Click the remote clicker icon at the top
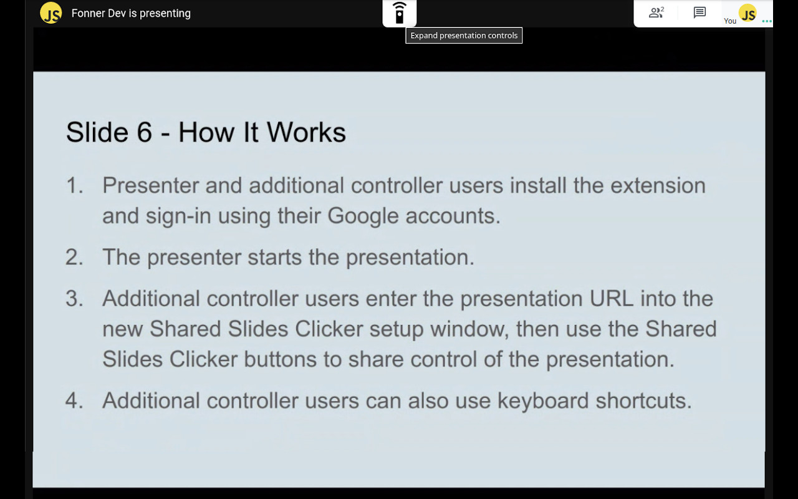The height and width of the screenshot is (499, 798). pyautogui.click(x=400, y=13)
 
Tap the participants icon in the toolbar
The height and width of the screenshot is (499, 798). pyautogui.click(x=656, y=12)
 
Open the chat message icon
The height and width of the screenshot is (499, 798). pyautogui.click(x=699, y=12)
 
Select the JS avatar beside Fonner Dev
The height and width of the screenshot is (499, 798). pyautogui.click(x=51, y=13)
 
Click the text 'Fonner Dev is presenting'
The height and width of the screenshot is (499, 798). pyautogui.click(x=131, y=13)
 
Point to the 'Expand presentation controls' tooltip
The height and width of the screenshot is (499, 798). pyautogui.click(x=464, y=36)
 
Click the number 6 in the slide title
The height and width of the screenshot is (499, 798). pyautogui.click(x=144, y=132)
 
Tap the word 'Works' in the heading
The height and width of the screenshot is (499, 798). pyautogui.click(x=306, y=132)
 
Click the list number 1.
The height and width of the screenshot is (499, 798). pyautogui.click(x=74, y=185)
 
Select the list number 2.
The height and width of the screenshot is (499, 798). pyautogui.click(x=74, y=257)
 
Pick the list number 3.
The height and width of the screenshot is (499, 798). pyautogui.click(x=74, y=298)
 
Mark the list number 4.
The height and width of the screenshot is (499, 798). pyautogui.click(x=74, y=400)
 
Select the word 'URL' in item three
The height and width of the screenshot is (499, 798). pyautogui.click(x=611, y=298)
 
